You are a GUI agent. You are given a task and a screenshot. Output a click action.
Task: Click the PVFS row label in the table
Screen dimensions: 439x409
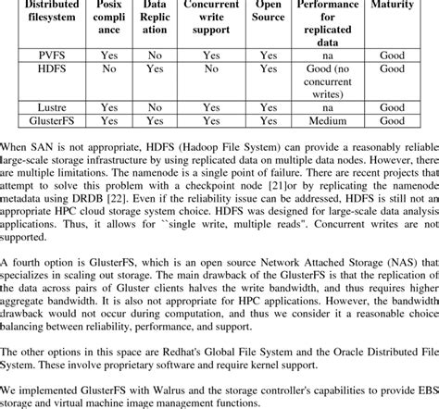pos(40,55)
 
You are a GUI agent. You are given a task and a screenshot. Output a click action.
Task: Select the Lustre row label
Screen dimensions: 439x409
pos(40,107)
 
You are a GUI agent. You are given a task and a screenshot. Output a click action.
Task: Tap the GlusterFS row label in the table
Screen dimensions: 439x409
pos(40,119)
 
